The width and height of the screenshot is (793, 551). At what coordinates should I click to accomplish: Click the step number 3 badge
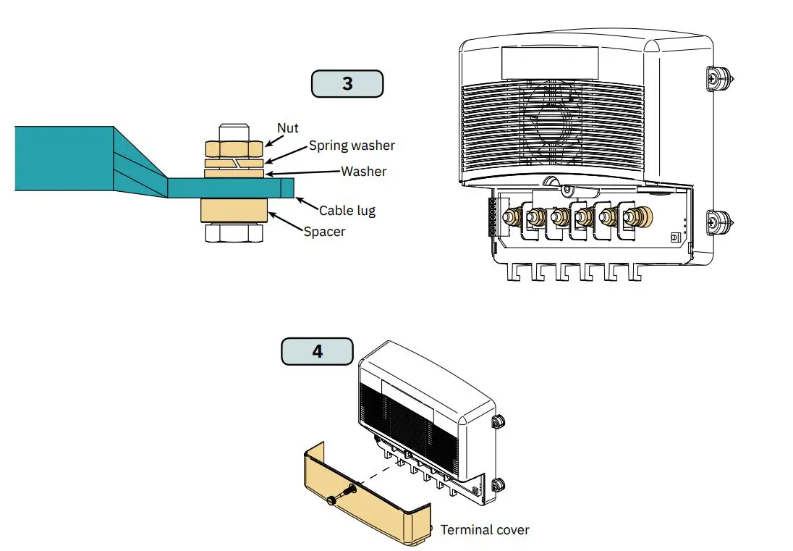(x=347, y=83)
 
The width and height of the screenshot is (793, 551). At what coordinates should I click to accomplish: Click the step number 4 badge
(x=317, y=351)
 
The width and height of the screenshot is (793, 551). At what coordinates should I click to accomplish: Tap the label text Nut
(x=288, y=128)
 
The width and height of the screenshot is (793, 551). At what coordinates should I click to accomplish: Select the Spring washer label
(x=352, y=146)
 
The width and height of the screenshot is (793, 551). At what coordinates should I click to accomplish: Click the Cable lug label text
(x=347, y=211)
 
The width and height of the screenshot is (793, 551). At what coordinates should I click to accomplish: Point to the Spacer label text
(x=324, y=232)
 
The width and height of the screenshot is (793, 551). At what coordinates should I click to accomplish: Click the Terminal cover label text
(x=485, y=530)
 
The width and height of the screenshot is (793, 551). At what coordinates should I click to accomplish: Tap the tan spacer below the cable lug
(x=233, y=211)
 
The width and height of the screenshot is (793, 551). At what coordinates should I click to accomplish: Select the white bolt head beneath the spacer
(x=233, y=232)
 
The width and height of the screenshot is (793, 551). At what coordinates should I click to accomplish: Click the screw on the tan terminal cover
(x=337, y=497)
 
